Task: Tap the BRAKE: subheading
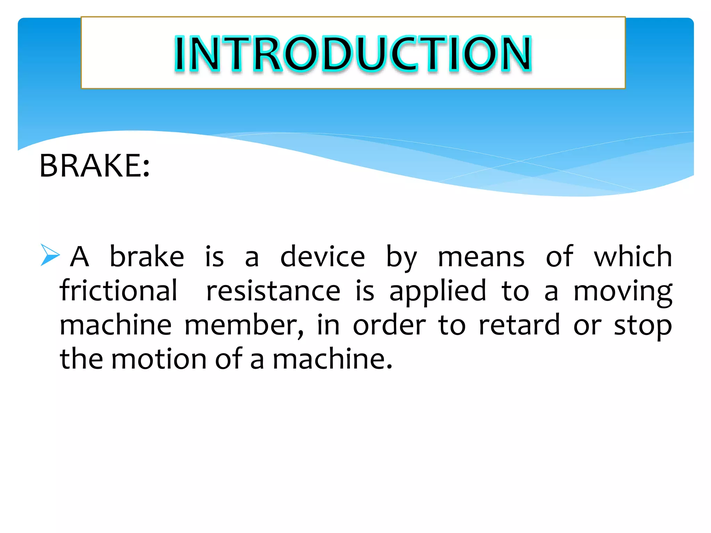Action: tap(94, 166)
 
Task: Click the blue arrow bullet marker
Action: tap(50, 255)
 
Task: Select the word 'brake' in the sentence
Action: tap(147, 257)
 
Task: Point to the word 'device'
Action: tap(323, 257)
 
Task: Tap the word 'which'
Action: tap(633, 257)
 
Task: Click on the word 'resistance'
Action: tap(273, 291)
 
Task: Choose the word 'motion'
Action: tap(159, 359)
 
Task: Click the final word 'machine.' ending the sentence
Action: tap(332, 359)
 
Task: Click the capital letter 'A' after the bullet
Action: tap(80, 257)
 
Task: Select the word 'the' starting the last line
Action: tap(82, 359)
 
